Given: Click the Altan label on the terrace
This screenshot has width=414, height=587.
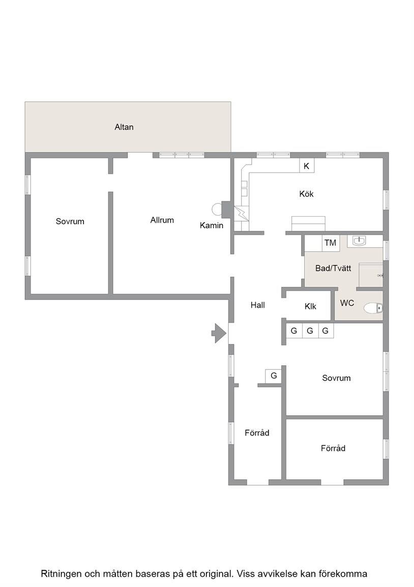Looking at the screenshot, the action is (x=124, y=127).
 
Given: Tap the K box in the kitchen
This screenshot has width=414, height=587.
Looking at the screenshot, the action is (x=307, y=166).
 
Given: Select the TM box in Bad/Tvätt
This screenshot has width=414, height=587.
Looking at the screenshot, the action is (x=330, y=243).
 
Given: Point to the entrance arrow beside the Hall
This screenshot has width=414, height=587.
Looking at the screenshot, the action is (x=219, y=332).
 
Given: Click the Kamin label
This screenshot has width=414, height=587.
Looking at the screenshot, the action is (x=212, y=225).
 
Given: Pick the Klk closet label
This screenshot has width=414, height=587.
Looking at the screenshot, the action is (x=310, y=307).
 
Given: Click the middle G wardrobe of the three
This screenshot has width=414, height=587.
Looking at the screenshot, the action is (x=310, y=331).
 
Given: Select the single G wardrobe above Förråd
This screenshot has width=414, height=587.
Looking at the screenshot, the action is (x=274, y=376).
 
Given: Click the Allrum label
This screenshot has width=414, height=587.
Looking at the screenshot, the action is (x=162, y=220).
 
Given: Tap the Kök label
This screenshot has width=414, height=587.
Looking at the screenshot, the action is (x=306, y=194).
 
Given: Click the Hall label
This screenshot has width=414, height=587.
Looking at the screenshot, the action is (x=258, y=305).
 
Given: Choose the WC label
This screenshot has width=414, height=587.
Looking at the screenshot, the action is (x=347, y=303).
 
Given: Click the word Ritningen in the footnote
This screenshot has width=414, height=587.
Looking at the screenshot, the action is (x=62, y=574).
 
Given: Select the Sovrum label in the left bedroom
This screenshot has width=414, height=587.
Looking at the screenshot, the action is (x=70, y=221).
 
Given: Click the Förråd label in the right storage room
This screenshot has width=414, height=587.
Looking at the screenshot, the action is (x=333, y=448).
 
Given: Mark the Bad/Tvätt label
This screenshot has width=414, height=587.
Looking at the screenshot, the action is (x=333, y=268).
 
